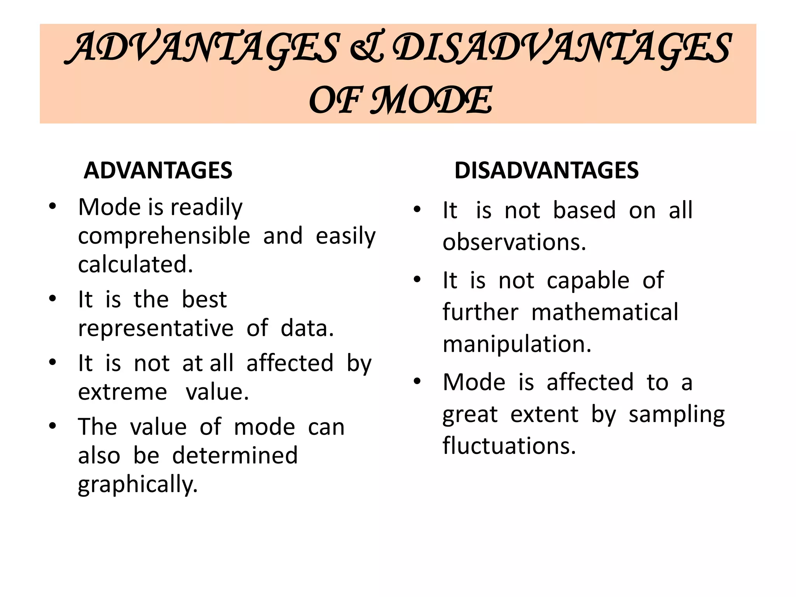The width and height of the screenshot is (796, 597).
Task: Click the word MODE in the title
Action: point(431,100)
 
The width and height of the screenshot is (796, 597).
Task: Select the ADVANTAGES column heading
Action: point(158,170)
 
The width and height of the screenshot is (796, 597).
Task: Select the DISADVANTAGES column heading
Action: point(546,170)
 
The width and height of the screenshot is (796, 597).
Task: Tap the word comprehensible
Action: point(164,236)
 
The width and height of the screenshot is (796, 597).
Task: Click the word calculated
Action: point(135,265)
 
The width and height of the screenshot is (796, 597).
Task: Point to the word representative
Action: point(155,328)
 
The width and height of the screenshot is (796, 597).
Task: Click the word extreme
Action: point(122,392)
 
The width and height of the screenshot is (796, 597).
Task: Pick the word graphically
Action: point(138,485)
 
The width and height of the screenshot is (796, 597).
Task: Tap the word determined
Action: point(235,456)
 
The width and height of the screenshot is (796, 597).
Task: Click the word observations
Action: point(514,243)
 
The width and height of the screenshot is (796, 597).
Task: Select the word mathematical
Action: point(604,312)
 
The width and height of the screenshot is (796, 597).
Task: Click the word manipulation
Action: point(517,344)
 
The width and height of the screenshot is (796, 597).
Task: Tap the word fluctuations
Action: point(509,446)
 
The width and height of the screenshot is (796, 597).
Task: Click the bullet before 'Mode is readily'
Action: point(52,206)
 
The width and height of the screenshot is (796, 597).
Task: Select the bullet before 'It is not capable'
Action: point(417,279)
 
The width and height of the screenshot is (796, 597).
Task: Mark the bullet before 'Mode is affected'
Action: point(417,381)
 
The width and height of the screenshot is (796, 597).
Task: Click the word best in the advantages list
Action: point(204,300)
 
